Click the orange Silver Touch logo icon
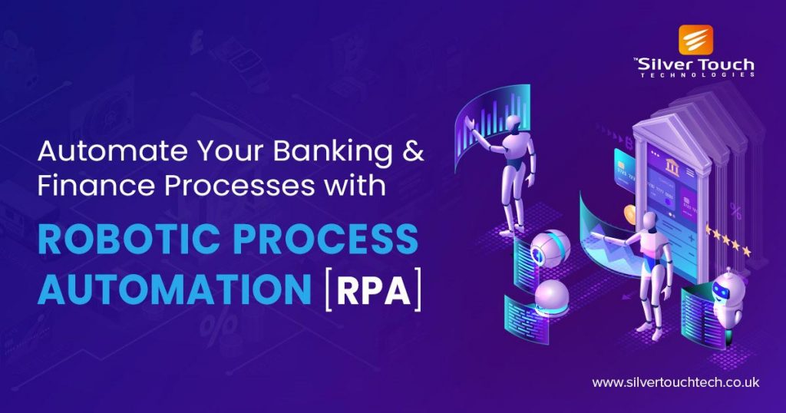(x=695, y=40)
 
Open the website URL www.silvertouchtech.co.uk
(x=675, y=382)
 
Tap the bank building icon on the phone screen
(x=671, y=165)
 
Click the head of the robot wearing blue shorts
(x=649, y=220)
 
